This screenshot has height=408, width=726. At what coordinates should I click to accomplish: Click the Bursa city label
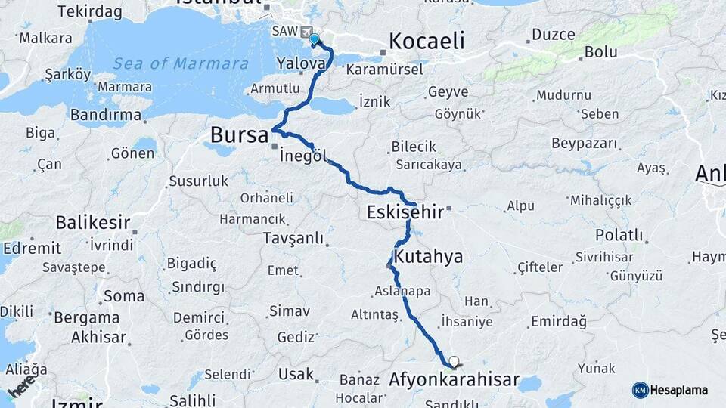pyautogui.click(x=239, y=136)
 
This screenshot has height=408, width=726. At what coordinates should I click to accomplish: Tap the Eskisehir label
pyautogui.click(x=405, y=212)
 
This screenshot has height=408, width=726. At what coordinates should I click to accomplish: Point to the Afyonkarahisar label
pyautogui.click(x=454, y=379)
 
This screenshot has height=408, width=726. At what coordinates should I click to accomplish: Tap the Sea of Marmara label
pyautogui.click(x=181, y=63)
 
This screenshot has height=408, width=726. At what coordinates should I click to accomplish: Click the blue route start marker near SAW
pyautogui.click(x=314, y=39)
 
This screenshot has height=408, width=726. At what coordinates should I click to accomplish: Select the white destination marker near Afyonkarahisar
pyautogui.click(x=454, y=361)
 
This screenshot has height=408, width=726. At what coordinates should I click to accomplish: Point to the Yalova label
pyautogui.click(x=301, y=63)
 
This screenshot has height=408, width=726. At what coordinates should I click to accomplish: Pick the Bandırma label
pyautogui.click(x=106, y=115)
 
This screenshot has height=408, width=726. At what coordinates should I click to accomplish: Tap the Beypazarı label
pyautogui.click(x=585, y=144)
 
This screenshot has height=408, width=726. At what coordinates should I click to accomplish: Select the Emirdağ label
pyautogui.click(x=559, y=322)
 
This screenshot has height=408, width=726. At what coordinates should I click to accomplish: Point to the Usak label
pyautogui.click(x=296, y=374)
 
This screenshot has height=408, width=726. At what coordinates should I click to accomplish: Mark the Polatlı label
pyautogui.click(x=619, y=235)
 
